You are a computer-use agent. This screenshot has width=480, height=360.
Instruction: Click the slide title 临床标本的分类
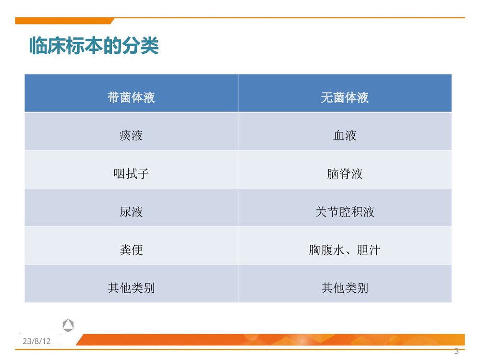pos(94,47)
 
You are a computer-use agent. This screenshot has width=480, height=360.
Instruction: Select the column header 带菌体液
pos(131,98)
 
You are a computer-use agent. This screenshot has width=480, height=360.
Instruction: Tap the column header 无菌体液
pos(345,98)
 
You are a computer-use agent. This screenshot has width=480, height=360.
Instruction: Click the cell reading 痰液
pos(131,136)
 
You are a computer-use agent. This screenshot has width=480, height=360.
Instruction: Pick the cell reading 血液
pos(345,136)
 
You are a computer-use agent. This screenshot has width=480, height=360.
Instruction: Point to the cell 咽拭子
pos(131,174)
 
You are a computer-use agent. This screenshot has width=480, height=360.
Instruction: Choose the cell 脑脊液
pos(345,174)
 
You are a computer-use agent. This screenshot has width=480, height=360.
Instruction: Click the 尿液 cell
pos(131,212)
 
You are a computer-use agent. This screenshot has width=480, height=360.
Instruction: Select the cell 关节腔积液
pos(345,212)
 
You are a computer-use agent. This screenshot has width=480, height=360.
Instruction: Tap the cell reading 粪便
pos(131,250)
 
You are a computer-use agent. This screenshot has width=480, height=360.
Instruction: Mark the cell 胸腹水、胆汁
pos(345,250)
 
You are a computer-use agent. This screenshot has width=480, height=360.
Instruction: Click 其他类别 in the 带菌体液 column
pos(131,288)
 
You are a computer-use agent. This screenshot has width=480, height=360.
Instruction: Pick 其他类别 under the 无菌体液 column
pos(345,288)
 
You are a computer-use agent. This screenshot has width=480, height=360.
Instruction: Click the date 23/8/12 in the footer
pos(36,341)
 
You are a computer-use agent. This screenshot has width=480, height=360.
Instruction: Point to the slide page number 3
pos(456,351)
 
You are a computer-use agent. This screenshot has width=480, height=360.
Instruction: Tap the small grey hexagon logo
pos(68,325)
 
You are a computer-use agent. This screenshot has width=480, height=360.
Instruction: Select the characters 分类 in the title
pos(143,47)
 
